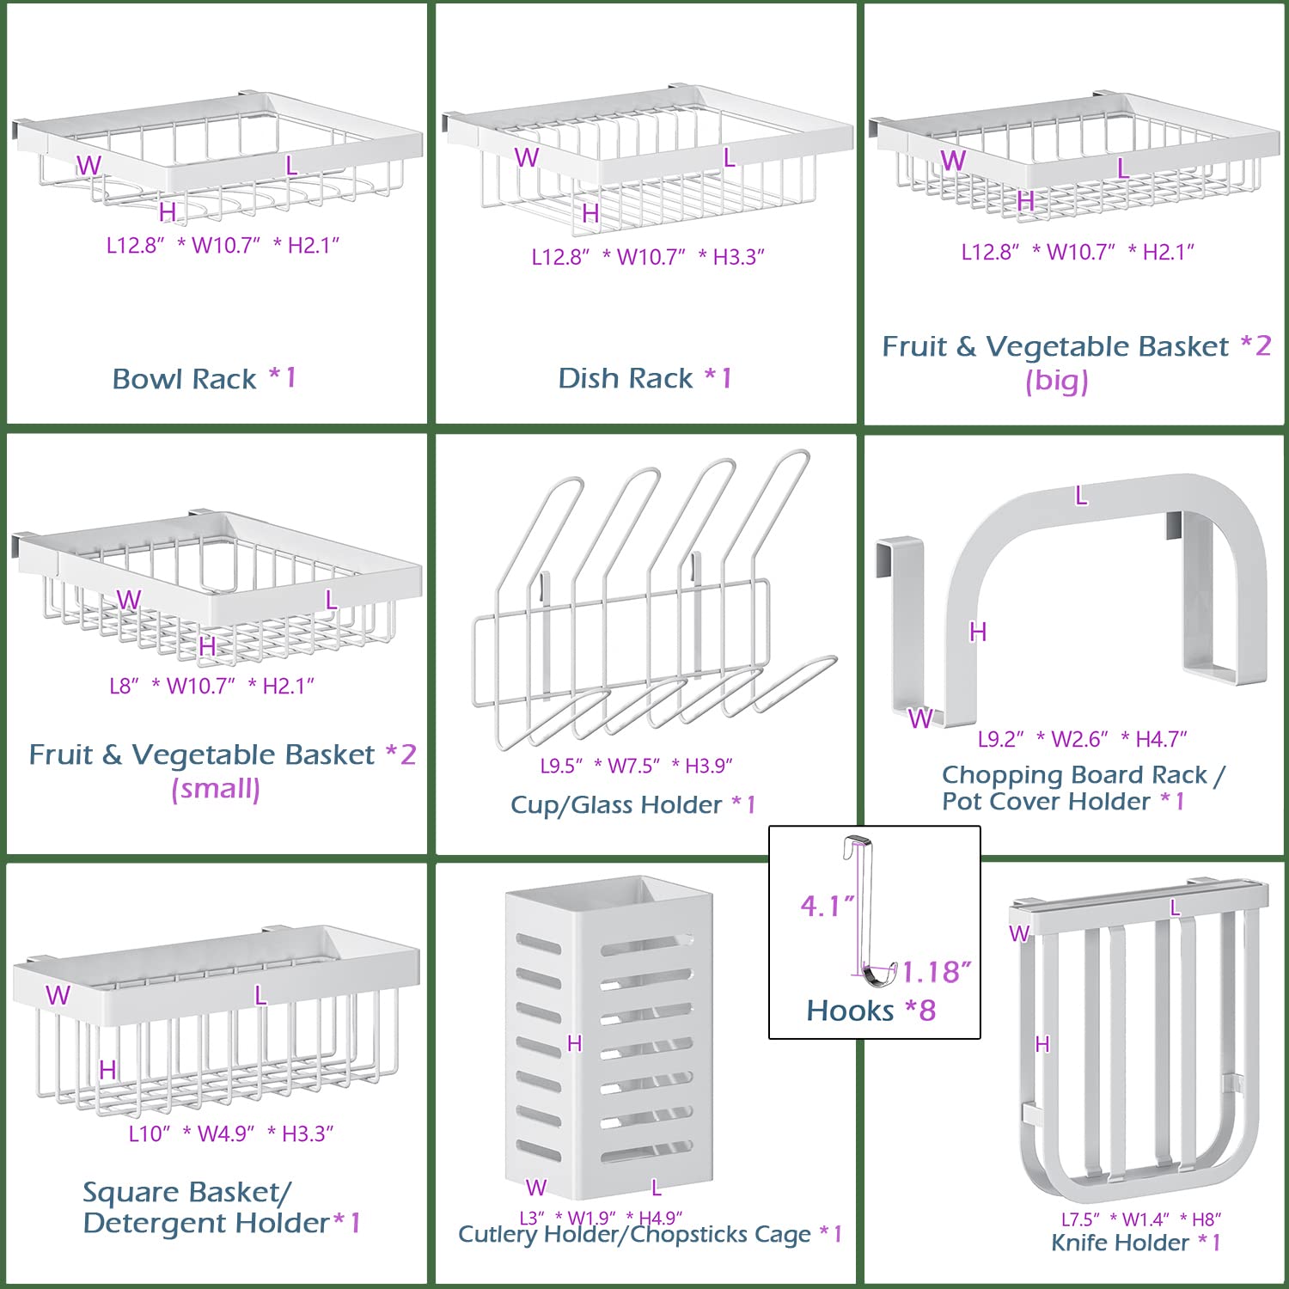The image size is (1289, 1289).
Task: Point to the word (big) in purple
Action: click(x=1057, y=381)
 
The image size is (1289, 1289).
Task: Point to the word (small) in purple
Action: click(x=216, y=789)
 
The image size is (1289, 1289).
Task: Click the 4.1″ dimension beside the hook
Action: click(x=827, y=906)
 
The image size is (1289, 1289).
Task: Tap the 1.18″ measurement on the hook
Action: click(x=936, y=972)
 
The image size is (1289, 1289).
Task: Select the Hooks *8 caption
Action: click(x=871, y=1011)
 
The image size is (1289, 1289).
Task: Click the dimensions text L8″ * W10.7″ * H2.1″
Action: click(x=211, y=686)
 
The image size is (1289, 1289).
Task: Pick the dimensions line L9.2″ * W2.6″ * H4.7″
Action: click(x=1082, y=739)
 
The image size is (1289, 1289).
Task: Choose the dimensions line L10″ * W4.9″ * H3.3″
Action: click(x=230, y=1133)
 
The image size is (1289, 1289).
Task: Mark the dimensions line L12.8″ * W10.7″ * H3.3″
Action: click(x=647, y=257)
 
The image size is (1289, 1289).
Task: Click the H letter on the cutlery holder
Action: click(x=575, y=1043)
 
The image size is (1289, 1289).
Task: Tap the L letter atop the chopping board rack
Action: click(x=1081, y=496)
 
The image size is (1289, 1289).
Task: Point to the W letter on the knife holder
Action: click(x=1019, y=934)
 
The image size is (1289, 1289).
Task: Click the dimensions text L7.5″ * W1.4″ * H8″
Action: click(x=1140, y=1219)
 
